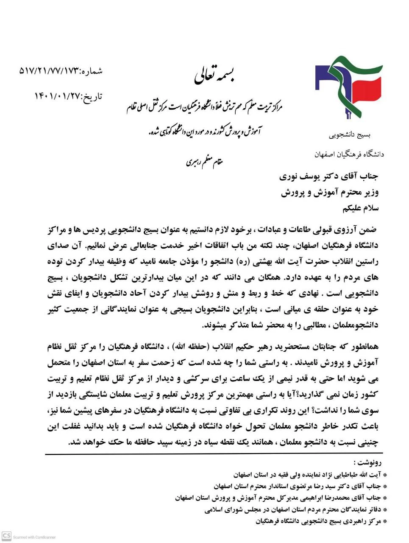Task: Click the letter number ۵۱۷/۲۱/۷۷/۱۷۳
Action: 49,71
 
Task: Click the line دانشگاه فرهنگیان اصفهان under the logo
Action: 349,154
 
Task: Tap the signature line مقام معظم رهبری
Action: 204,161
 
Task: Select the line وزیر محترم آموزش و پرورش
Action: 330,192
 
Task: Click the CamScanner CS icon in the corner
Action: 6,535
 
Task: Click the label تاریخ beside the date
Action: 92,97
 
